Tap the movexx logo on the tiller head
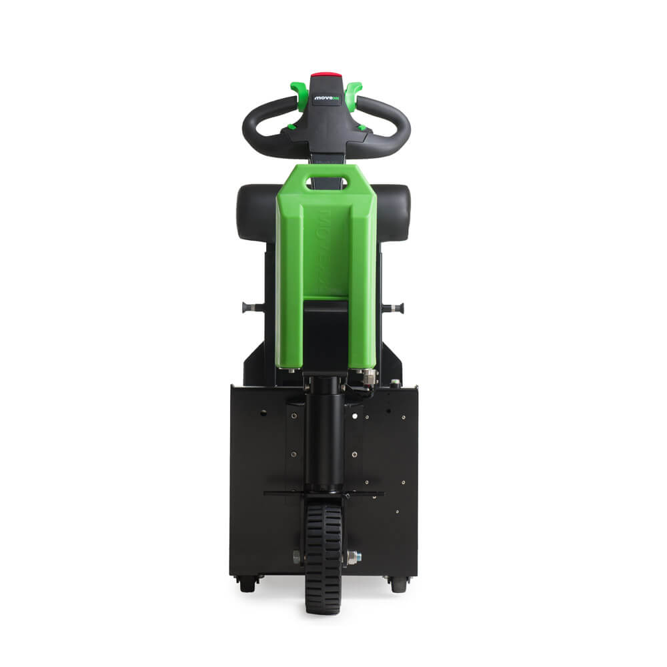click(x=326, y=97)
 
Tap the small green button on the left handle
click(x=291, y=126)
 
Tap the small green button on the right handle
click(x=362, y=126)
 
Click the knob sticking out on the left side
click(x=249, y=307)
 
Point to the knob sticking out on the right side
click(x=398, y=307)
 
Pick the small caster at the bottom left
click(x=247, y=584)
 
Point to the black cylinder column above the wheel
click(x=324, y=434)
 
